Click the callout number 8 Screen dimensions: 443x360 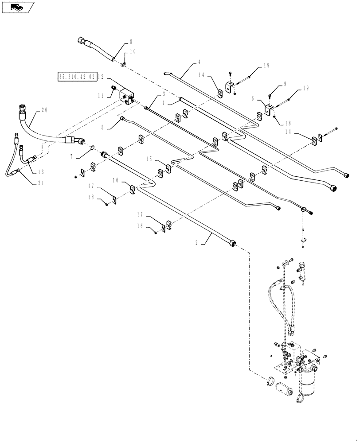click(x=131, y=42)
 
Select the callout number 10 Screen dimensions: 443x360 click(x=133, y=51)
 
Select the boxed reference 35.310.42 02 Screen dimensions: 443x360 click(x=77, y=77)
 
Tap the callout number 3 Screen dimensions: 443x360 click(x=164, y=94)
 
